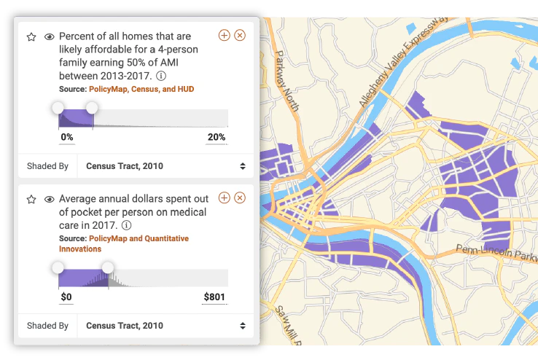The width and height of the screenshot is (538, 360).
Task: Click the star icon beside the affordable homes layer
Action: [x=31, y=36]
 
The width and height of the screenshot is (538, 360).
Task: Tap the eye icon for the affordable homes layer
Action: [x=50, y=36]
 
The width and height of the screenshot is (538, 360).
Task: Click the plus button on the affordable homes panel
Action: [x=224, y=35]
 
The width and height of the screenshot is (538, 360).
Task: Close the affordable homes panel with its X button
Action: [x=240, y=35]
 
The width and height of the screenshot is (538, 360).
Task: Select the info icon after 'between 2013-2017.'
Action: [x=161, y=76]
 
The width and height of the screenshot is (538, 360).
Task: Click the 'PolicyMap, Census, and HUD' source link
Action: [x=141, y=89]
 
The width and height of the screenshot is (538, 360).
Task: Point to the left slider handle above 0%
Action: [x=58, y=109]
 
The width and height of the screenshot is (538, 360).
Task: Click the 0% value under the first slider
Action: [x=66, y=137]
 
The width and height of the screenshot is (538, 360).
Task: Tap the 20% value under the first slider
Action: [x=217, y=137]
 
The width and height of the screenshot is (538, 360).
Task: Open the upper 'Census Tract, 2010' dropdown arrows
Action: [x=242, y=166]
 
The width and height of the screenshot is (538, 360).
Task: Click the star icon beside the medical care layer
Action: [x=31, y=199]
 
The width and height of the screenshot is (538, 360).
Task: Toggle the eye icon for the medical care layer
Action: [x=50, y=199]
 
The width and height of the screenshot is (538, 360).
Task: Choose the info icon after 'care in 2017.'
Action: [x=126, y=226]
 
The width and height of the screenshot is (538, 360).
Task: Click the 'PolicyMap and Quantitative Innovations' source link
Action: [x=124, y=243]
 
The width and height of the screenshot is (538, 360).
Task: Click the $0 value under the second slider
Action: [x=66, y=297]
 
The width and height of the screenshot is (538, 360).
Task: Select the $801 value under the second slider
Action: [x=214, y=297]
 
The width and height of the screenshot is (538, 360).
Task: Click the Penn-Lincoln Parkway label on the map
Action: [x=496, y=254]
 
